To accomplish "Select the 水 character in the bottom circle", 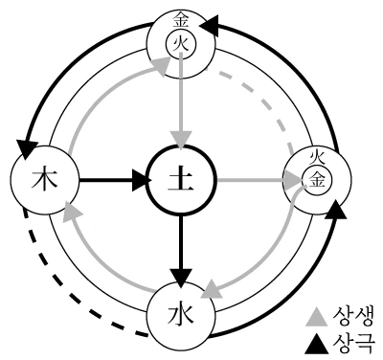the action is click(180, 314).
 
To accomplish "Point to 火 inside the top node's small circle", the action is click(181, 43).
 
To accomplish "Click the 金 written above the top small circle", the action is click(181, 22).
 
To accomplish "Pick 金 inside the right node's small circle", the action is click(317, 180).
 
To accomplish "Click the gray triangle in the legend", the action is click(317, 318).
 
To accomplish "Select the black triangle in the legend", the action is click(317, 344).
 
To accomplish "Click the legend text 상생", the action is click(352, 316).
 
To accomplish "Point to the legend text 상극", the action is click(352, 343).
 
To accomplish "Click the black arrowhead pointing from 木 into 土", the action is click(142, 180).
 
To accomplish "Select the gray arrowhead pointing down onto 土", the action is click(181, 139).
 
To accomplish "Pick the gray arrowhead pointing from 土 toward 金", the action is click(293, 181).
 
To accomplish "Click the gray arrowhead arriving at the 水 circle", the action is click(212, 289).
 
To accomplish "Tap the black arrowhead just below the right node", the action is click(335, 210).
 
